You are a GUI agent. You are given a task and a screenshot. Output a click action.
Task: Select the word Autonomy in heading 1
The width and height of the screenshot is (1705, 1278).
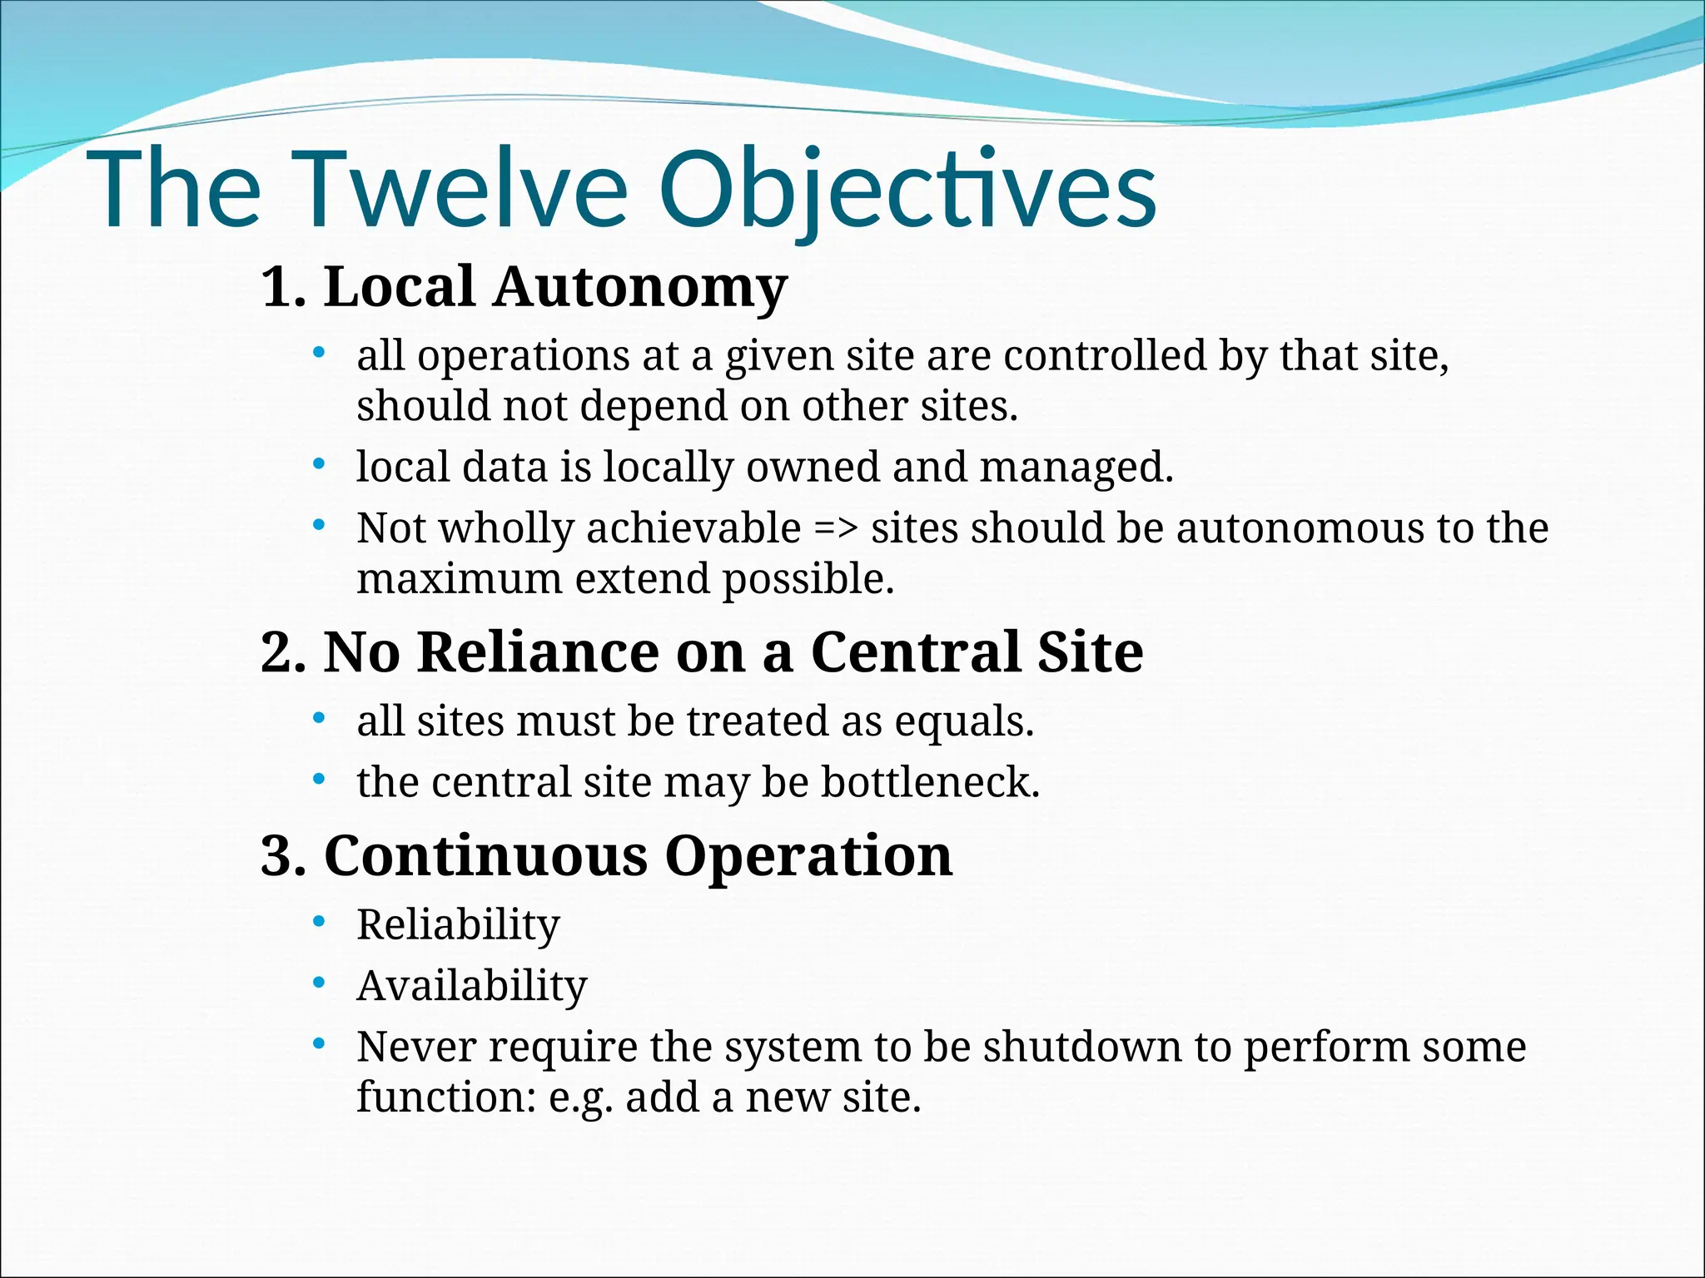click(x=639, y=287)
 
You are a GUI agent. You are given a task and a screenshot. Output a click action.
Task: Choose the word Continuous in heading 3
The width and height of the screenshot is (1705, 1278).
click(x=485, y=856)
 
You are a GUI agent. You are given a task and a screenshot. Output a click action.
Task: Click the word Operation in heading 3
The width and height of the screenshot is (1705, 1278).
click(x=808, y=856)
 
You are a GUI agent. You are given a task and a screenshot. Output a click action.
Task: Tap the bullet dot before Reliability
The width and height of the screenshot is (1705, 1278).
click(x=318, y=922)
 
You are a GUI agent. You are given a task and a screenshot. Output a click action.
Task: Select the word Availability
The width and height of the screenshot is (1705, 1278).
click(x=472, y=986)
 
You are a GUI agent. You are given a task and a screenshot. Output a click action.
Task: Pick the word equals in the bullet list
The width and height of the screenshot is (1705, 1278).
click(x=963, y=721)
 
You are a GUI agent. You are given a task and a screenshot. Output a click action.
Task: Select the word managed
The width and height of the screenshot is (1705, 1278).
click(x=1076, y=468)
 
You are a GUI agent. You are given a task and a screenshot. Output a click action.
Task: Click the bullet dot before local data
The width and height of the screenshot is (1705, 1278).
click(x=318, y=464)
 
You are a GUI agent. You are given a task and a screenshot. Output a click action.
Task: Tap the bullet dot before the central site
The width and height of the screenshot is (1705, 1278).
click(x=318, y=780)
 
